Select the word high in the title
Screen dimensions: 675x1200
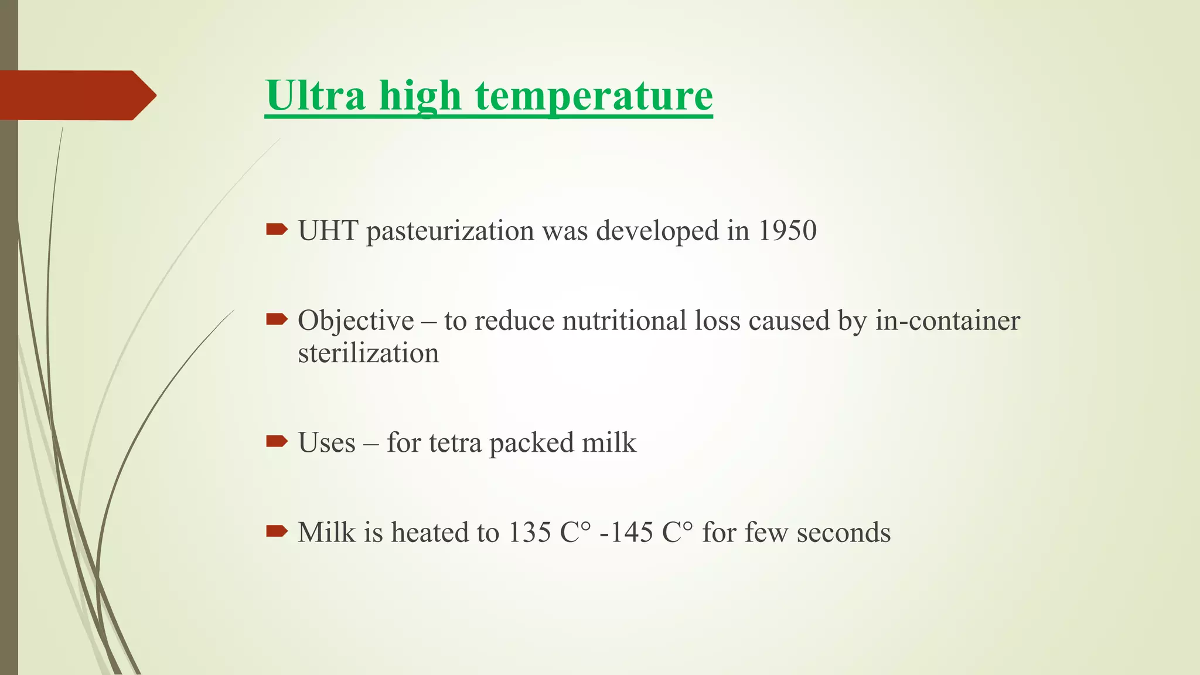point(420,95)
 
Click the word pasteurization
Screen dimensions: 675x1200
point(450,231)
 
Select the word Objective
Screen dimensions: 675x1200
point(356,321)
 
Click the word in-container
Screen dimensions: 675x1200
point(947,321)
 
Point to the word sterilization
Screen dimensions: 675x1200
point(368,353)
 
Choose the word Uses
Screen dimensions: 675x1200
point(326,442)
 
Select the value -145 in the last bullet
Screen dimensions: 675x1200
point(626,533)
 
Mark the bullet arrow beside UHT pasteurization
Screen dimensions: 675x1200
point(277,230)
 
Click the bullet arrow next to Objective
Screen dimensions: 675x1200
point(277,319)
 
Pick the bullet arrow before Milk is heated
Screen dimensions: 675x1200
point(277,531)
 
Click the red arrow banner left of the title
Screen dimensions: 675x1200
point(76,95)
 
